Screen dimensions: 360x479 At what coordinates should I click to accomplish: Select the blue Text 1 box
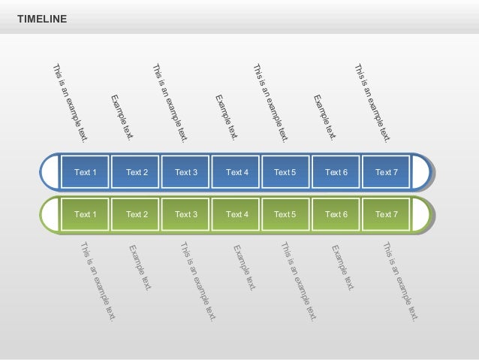click(86, 173)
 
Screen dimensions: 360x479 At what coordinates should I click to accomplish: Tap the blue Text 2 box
click(137, 173)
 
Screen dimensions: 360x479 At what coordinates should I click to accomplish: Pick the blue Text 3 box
click(186, 173)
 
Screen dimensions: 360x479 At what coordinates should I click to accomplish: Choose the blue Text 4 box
click(236, 173)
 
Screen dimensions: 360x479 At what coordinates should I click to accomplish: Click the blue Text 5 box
click(285, 173)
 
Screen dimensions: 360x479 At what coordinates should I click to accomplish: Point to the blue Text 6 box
click(336, 173)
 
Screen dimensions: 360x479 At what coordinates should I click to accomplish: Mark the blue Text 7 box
click(386, 173)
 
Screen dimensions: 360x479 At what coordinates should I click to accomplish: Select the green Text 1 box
click(86, 215)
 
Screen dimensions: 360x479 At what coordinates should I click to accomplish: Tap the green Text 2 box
click(137, 215)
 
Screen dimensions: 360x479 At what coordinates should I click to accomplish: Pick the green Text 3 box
click(186, 215)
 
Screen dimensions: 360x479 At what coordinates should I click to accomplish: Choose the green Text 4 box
click(236, 215)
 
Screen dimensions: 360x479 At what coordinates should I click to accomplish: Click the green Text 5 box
click(285, 215)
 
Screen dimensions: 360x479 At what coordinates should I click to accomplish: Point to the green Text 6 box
click(336, 215)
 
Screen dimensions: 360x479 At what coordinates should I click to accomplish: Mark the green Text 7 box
click(386, 215)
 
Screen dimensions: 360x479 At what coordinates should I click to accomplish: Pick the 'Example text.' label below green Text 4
click(245, 268)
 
